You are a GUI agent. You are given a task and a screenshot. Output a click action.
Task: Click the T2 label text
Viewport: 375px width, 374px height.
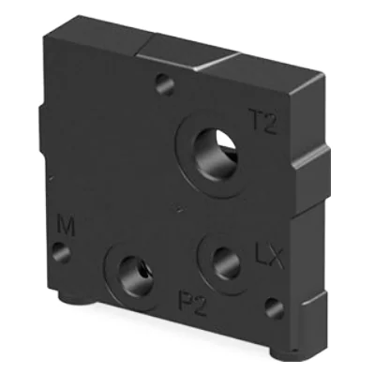tap(263, 121)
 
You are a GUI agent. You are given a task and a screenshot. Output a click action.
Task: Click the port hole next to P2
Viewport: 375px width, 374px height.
tap(136, 273)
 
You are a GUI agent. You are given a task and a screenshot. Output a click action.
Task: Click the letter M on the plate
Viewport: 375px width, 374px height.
tap(66, 225)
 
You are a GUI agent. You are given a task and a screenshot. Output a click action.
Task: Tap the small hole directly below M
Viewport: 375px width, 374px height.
tap(62, 252)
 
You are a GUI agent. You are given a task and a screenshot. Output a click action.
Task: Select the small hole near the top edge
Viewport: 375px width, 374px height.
tap(165, 83)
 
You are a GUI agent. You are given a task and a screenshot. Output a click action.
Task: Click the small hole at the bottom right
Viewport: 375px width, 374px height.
tap(275, 308)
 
